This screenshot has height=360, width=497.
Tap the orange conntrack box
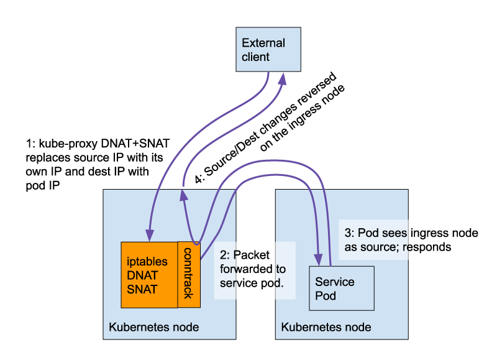click(189, 274)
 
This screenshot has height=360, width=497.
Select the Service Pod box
click(342, 288)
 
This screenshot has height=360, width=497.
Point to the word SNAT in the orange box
click(142, 290)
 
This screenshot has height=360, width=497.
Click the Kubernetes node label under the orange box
click(154, 327)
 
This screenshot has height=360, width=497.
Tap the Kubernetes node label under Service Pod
click(326, 327)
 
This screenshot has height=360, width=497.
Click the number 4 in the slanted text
click(199, 178)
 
